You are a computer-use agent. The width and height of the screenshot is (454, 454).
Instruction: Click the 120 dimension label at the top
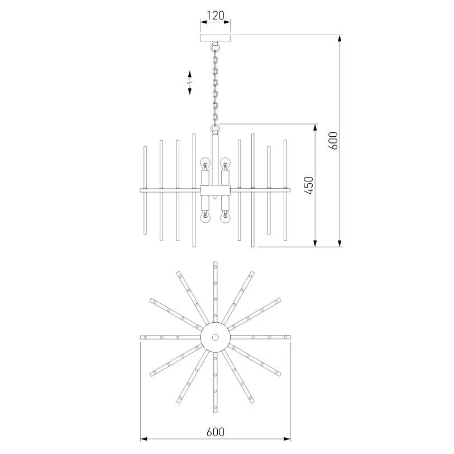216,15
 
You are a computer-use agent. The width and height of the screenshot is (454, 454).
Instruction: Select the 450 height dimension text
309,185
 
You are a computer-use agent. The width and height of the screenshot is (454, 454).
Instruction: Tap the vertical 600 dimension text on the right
333,140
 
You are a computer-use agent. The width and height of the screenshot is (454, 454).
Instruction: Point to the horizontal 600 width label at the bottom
216,432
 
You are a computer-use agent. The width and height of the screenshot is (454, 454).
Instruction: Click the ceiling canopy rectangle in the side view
216,38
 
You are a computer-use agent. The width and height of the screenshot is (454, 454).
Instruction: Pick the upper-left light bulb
206,164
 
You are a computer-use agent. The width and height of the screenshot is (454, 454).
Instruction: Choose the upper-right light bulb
225,164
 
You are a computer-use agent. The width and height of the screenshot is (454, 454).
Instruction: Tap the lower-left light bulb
206,217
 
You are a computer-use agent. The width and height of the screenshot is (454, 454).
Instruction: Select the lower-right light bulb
225,217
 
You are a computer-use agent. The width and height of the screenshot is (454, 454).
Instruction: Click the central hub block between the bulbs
216,190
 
